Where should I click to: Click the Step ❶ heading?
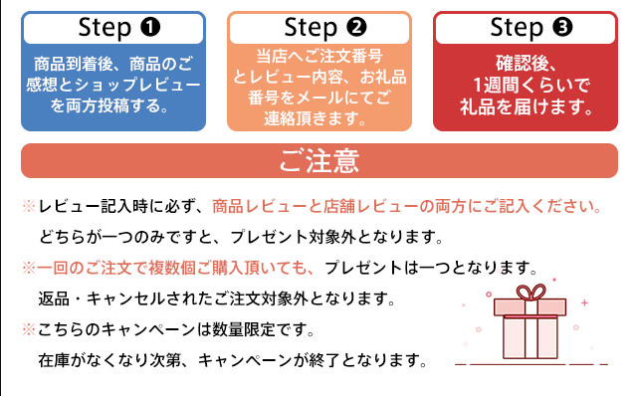pyautogui.click(x=119, y=28)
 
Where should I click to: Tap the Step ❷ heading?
pyautogui.click(x=325, y=28)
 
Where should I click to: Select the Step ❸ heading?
pyautogui.click(x=531, y=28)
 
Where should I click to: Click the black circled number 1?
pyautogui.click(x=150, y=27)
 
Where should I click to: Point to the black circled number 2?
pyautogui.click(x=356, y=27)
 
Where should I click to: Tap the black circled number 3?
pyautogui.click(x=562, y=27)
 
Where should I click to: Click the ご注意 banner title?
pyautogui.click(x=319, y=161)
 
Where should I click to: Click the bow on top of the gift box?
pyautogui.click(x=531, y=292)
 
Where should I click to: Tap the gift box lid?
pyautogui.click(x=530, y=307)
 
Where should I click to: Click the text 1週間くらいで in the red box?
pyautogui.click(x=531, y=86)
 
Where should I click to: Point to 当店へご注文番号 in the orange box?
pyautogui.click(x=319, y=56)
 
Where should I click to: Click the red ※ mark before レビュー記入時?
pyautogui.click(x=29, y=206)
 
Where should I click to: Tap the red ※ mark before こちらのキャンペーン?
pyautogui.click(x=29, y=329)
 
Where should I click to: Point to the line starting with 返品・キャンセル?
pyautogui.click(x=217, y=298)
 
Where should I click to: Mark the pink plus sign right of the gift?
pyautogui.click(x=584, y=303)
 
